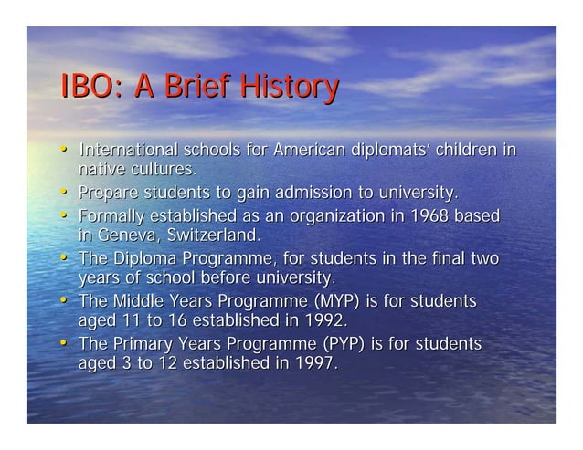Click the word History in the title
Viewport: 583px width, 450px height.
point(288,89)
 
